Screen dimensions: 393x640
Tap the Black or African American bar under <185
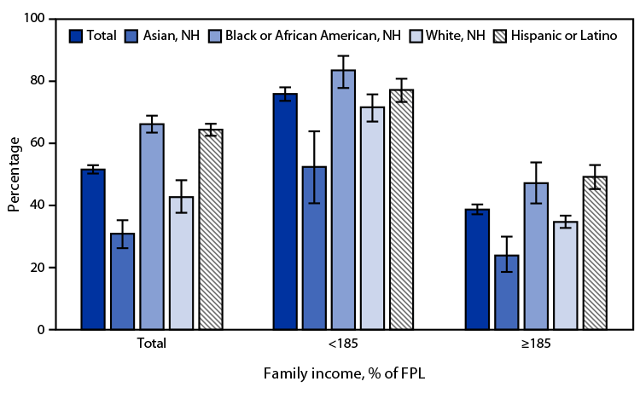coord(343,199)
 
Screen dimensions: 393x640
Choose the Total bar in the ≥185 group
coord(477,269)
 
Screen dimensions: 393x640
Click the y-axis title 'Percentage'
coord(15,174)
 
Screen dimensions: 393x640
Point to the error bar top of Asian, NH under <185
coord(314,131)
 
